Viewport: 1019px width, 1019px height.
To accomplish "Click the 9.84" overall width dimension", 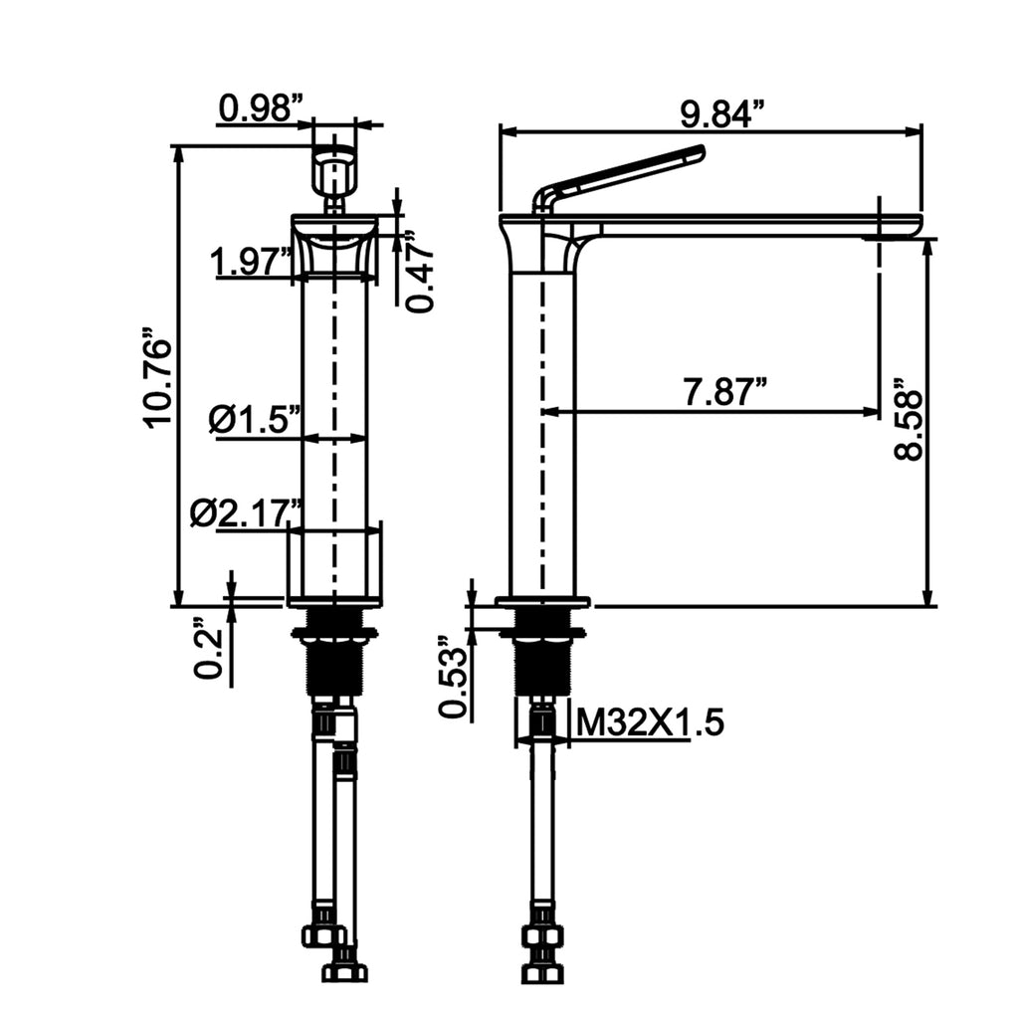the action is (x=722, y=114).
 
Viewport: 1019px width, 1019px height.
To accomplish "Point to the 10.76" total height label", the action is (x=158, y=383).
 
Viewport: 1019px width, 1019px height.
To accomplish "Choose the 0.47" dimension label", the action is (x=420, y=271).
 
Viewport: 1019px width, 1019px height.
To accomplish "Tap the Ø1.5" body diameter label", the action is (x=256, y=419).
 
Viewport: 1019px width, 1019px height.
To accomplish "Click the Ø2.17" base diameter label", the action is (x=247, y=513).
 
